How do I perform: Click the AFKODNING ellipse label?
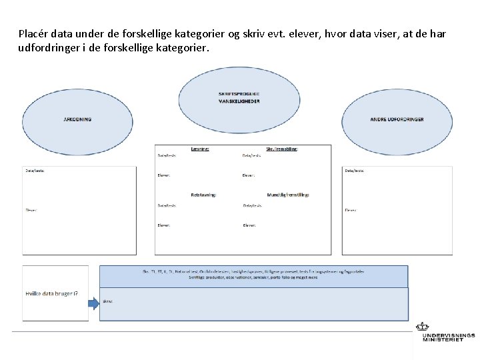click(x=77, y=119)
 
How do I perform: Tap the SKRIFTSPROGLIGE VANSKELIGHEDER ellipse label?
click(x=239, y=97)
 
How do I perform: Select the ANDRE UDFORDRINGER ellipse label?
click(x=397, y=119)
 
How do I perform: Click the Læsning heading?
click(x=200, y=149)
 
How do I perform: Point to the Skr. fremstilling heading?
click(x=282, y=149)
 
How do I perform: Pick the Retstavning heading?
click(x=203, y=195)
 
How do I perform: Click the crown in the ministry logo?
click(x=422, y=327)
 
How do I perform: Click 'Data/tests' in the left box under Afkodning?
click(x=35, y=171)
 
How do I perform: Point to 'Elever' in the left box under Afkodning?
click(x=31, y=210)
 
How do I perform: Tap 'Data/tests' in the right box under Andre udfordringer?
click(x=354, y=171)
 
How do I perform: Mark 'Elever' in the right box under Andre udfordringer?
click(x=350, y=210)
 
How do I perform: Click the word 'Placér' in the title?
click(x=33, y=34)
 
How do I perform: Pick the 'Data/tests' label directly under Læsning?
click(x=167, y=155)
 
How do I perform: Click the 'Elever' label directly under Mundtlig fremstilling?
click(x=249, y=225)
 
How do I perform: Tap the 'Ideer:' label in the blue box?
click(x=108, y=301)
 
